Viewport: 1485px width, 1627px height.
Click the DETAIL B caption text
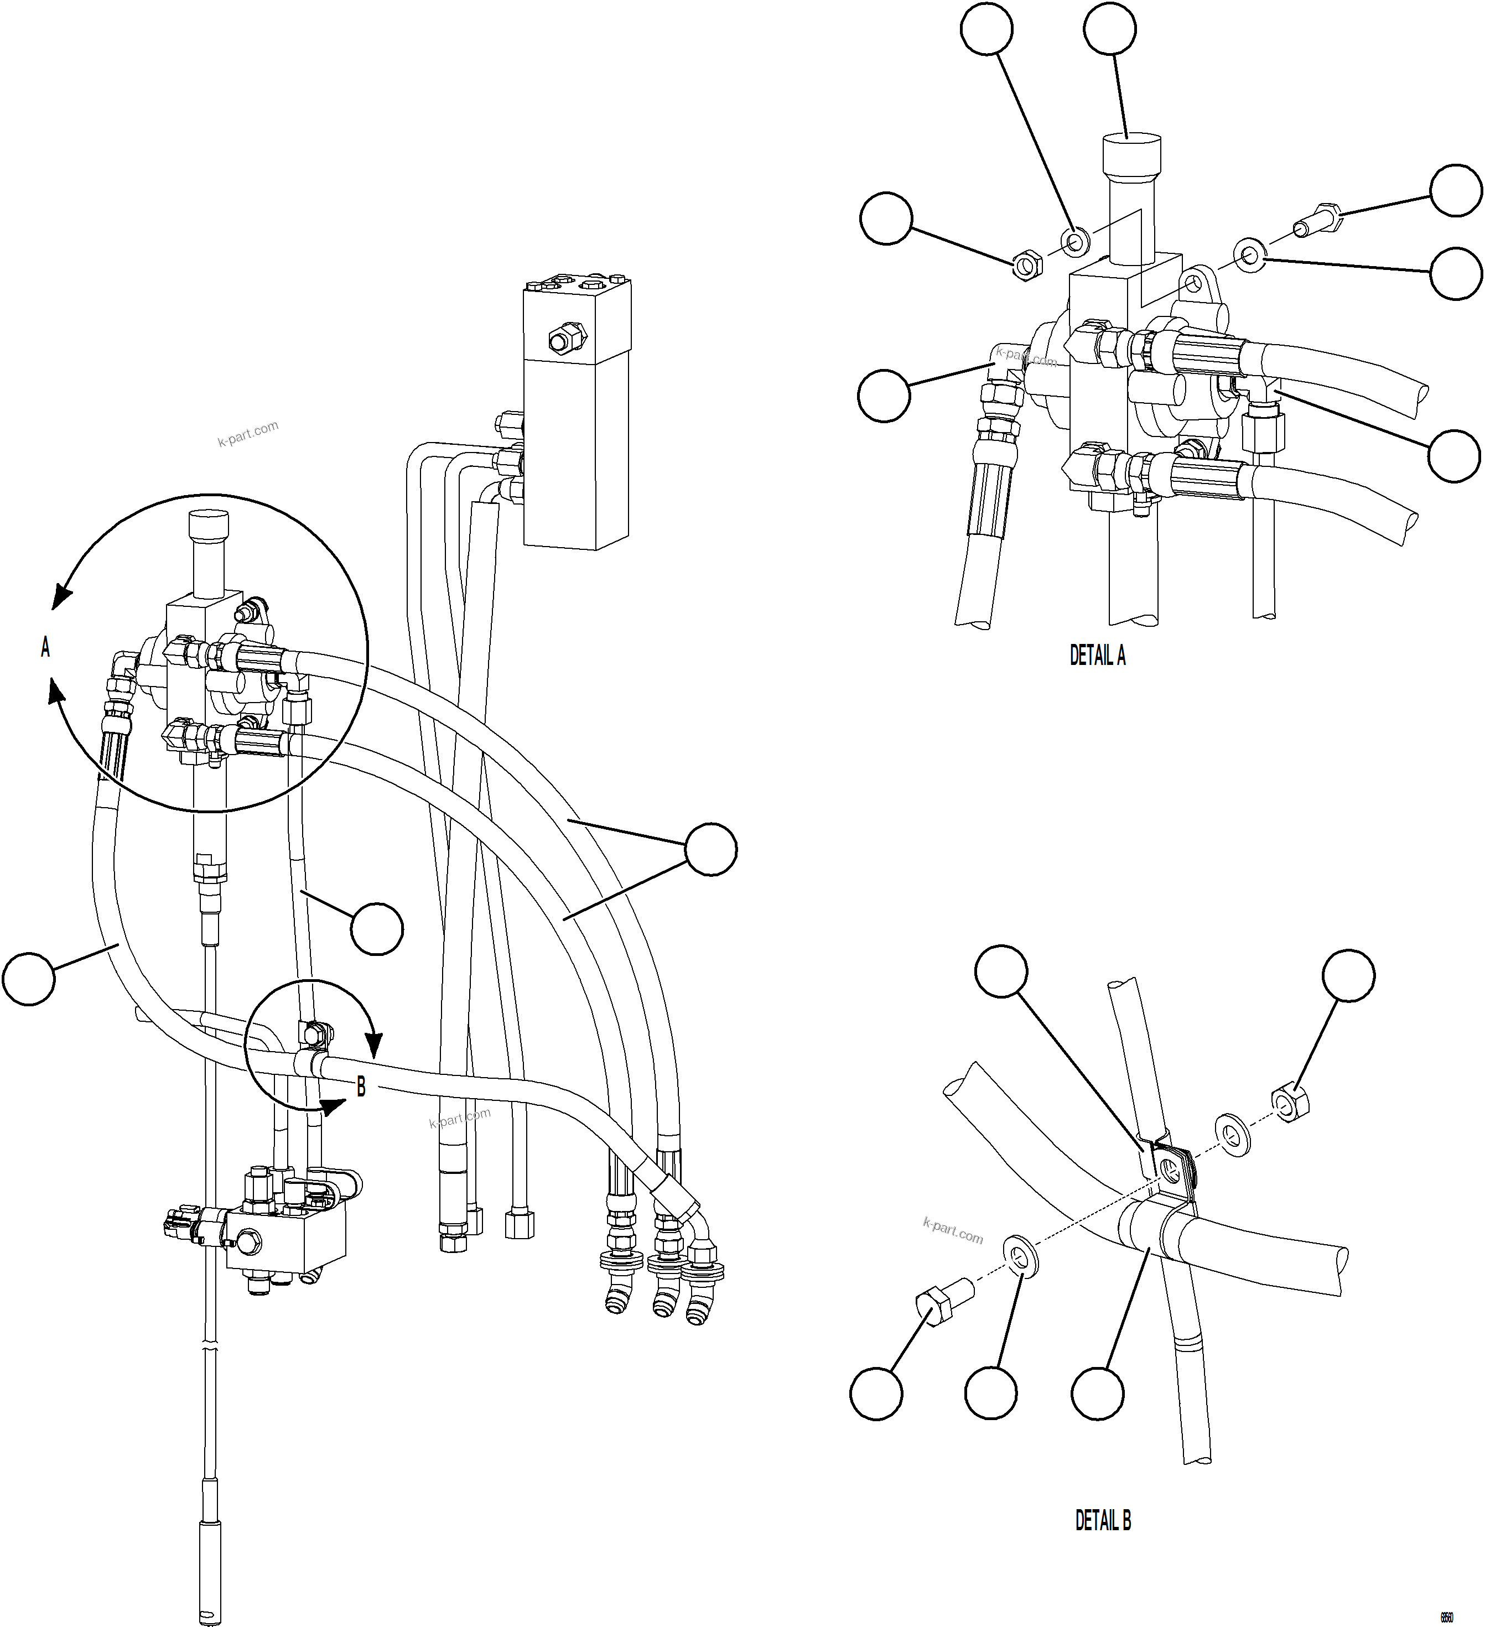coord(1103,1520)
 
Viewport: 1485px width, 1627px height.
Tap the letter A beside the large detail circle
coord(45,647)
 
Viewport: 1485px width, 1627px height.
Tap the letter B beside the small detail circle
coord(361,1088)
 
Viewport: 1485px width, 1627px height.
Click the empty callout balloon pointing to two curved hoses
coord(710,849)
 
